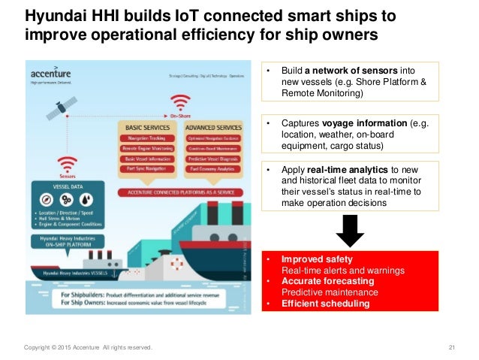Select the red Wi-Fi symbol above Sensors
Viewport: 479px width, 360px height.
[68, 162]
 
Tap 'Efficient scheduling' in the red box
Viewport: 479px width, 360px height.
[326, 304]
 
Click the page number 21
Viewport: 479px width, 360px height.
[452, 347]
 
